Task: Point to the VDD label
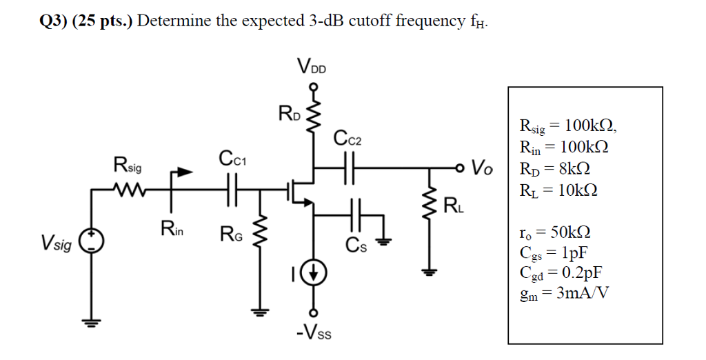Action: [x=313, y=67]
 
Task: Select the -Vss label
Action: [x=314, y=334]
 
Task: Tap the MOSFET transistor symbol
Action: [x=301, y=188]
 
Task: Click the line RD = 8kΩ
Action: [x=557, y=170]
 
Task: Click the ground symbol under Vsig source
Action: [x=92, y=321]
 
